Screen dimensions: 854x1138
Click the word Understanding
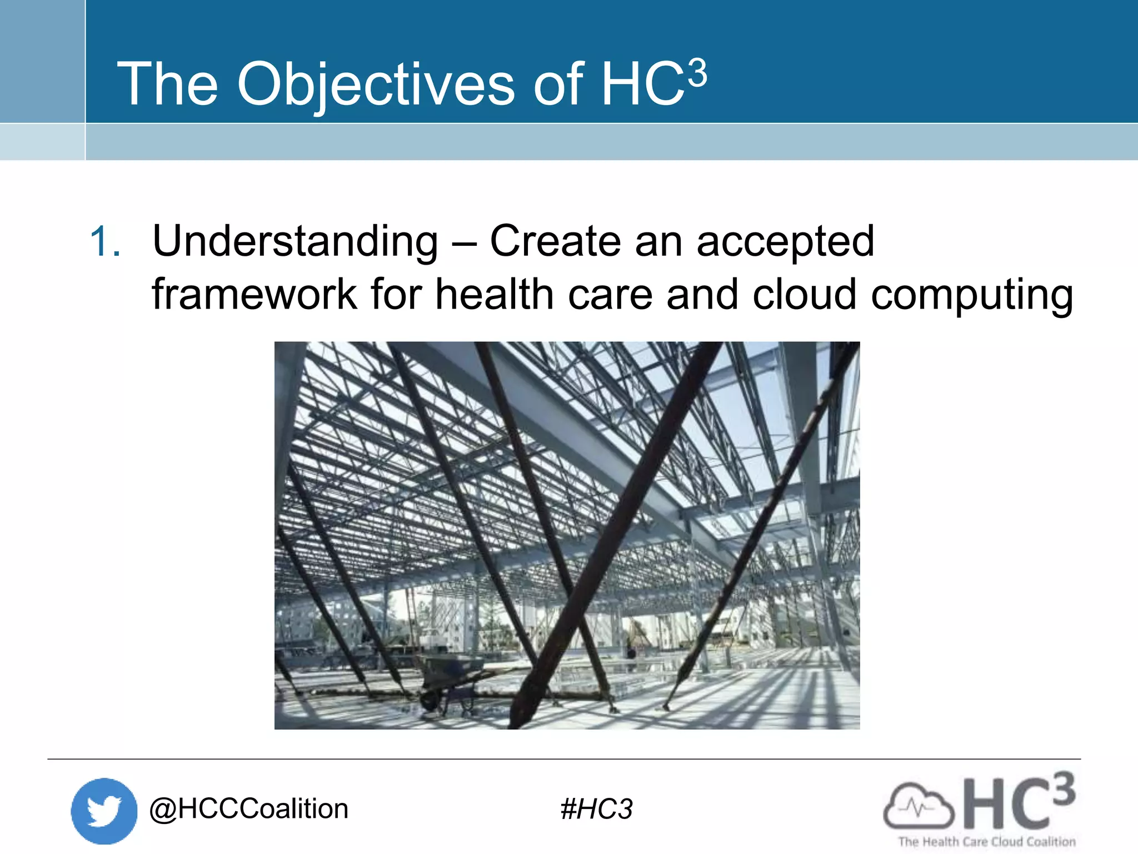pyautogui.click(x=295, y=242)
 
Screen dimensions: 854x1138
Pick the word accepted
pyautogui.click(x=785, y=242)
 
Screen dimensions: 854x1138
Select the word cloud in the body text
pyautogui.click(x=804, y=294)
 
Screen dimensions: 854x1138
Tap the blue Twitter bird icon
pyautogui.click(x=104, y=811)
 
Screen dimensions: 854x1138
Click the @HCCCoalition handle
pyautogui.click(x=248, y=809)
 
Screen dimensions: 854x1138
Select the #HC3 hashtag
pyautogui.click(x=596, y=809)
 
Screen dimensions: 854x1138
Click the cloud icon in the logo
pyautogui.click(x=917, y=805)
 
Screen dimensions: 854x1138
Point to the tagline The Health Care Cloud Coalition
pyautogui.click(x=986, y=842)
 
